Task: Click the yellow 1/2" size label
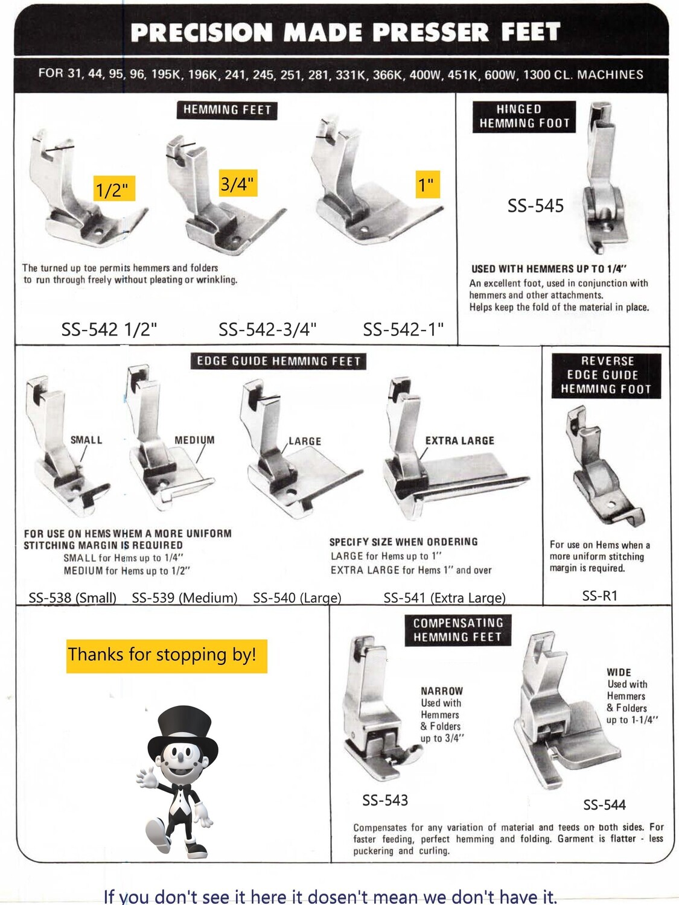click(x=113, y=189)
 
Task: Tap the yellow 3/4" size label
click(x=237, y=183)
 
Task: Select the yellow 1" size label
click(x=427, y=184)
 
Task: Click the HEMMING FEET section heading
click(x=227, y=110)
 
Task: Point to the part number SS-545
click(x=535, y=206)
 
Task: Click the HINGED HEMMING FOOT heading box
click(x=524, y=116)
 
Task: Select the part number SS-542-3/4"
click(x=267, y=329)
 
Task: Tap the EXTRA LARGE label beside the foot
click(x=459, y=440)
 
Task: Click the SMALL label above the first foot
click(x=86, y=440)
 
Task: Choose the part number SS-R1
click(x=599, y=596)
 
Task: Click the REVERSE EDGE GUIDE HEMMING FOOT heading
click(x=606, y=375)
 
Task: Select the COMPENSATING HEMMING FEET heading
click(x=457, y=629)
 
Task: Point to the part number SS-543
click(x=385, y=801)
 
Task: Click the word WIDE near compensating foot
click(x=619, y=672)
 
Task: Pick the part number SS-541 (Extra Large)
click(x=444, y=598)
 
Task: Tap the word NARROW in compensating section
click(x=442, y=691)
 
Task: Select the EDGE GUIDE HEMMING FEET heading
click(x=278, y=361)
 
